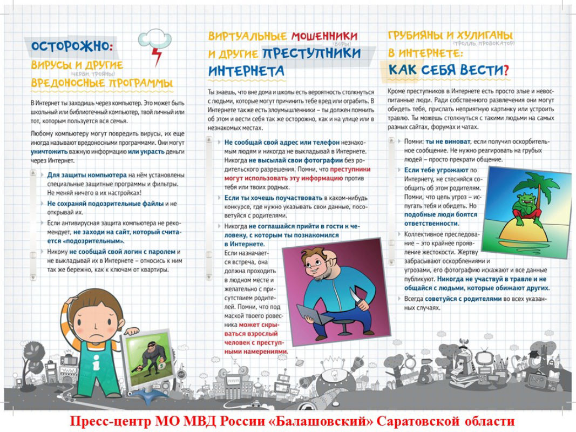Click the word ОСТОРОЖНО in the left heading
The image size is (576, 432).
click(x=70, y=46)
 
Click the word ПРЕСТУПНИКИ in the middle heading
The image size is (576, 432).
click(x=311, y=53)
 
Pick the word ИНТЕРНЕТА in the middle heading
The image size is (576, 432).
click(x=246, y=71)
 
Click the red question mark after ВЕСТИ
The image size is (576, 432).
click(x=505, y=69)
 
